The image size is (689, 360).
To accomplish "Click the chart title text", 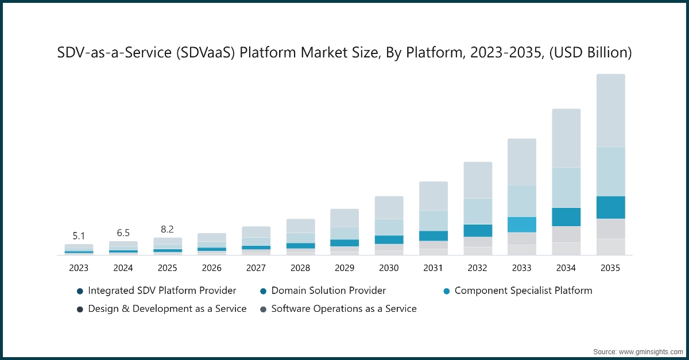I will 344,53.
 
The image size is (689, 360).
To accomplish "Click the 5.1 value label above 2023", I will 79,235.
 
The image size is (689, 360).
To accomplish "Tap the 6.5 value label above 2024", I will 123,233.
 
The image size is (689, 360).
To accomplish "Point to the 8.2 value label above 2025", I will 167,229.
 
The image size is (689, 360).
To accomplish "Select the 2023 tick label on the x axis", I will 79,268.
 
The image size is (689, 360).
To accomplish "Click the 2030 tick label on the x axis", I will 389,268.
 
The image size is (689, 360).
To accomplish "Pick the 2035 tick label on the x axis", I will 610,268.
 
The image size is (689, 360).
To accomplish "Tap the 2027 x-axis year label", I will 256,268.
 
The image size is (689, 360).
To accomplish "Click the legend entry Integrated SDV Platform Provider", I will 161,291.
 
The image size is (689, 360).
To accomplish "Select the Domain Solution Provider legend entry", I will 328,291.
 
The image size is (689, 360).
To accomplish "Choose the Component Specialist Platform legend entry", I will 522,291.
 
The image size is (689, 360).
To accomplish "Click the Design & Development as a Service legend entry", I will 167,309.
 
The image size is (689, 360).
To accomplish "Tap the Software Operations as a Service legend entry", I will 343,309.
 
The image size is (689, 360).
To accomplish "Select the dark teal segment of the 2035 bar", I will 610,207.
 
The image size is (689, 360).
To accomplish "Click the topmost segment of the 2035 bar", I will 610,110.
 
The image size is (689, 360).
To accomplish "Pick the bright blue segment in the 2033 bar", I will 521,224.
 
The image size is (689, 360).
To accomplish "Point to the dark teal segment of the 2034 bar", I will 566,217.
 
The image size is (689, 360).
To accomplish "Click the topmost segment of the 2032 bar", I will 477,180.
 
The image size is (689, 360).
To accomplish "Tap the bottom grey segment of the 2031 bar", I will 433,251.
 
